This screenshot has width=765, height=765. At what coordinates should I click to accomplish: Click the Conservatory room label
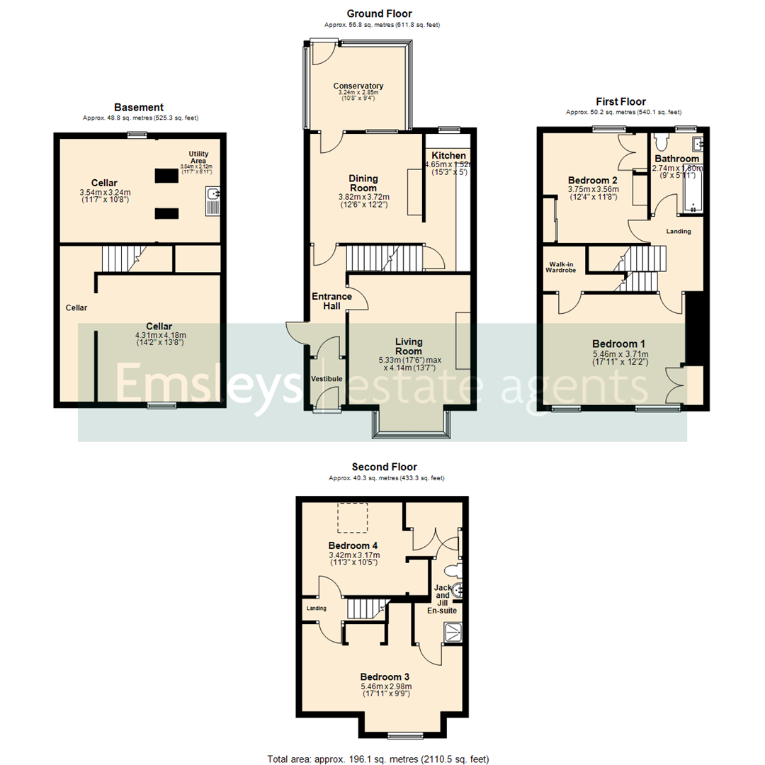(x=358, y=86)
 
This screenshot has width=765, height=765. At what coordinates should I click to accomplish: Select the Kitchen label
(x=449, y=155)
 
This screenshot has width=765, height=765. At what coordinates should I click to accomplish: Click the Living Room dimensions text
(x=409, y=364)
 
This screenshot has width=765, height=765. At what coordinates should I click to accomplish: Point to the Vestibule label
(x=327, y=380)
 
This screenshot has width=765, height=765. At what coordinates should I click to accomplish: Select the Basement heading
(x=139, y=107)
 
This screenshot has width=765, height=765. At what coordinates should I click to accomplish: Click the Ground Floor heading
(x=379, y=13)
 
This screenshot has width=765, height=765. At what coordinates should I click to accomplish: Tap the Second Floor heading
(x=384, y=467)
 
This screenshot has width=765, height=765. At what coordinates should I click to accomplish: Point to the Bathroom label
(x=676, y=159)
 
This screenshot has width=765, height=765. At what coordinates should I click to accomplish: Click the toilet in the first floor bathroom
(x=662, y=139)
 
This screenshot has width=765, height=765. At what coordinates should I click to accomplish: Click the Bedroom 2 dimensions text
(x=594, y=193)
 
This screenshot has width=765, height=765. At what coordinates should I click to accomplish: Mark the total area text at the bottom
(x=378, y=759)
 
